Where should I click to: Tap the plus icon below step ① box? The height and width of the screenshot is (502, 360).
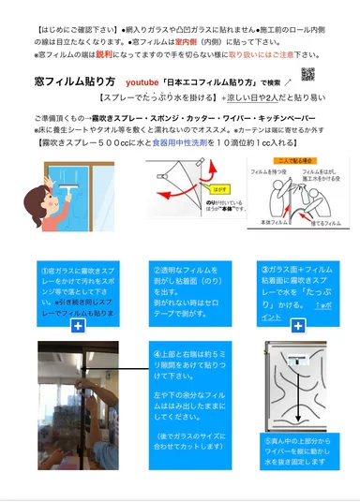coord(77,325)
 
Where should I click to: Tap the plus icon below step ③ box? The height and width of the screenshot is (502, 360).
coord(298,325)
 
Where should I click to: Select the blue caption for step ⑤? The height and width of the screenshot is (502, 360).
coord(298,452)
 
